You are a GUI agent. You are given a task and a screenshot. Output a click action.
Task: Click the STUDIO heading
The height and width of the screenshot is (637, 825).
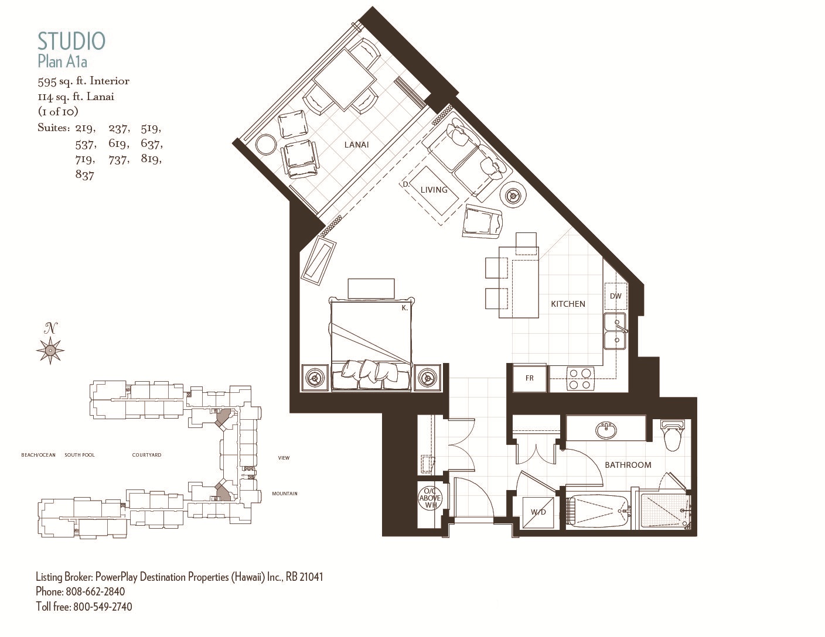71,42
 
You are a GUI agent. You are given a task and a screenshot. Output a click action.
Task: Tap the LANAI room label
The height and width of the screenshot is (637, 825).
356,145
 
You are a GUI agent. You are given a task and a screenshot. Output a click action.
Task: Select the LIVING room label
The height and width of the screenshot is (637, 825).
434,189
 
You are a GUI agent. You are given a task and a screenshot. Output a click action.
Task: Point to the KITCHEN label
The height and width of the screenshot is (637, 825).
568,304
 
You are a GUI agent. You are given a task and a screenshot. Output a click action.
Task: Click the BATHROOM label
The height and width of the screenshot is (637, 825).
628,465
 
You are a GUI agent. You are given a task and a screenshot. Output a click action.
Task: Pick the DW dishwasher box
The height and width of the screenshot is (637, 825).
615,296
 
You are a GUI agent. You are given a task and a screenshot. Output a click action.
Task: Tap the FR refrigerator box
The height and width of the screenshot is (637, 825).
530,378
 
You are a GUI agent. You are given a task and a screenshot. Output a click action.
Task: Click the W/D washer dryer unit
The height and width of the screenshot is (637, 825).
538,512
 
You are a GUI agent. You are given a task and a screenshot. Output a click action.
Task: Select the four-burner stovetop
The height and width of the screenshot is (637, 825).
580,379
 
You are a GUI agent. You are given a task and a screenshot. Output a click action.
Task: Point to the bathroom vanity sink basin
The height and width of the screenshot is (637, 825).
606,430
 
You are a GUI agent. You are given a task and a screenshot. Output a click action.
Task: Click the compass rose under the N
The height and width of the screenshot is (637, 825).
50,350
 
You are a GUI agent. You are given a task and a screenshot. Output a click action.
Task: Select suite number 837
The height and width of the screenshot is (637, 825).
84,175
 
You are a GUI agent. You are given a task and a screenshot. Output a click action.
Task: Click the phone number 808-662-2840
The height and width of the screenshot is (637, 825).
96,591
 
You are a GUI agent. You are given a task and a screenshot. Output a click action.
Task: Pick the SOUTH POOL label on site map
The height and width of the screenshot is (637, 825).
80,455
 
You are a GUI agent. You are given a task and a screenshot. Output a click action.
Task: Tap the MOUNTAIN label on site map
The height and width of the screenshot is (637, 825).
285,494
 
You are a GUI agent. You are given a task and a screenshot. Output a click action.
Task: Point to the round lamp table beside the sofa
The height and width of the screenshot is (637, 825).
514,196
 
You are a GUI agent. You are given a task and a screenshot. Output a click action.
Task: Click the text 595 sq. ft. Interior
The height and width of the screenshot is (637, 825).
84,81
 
